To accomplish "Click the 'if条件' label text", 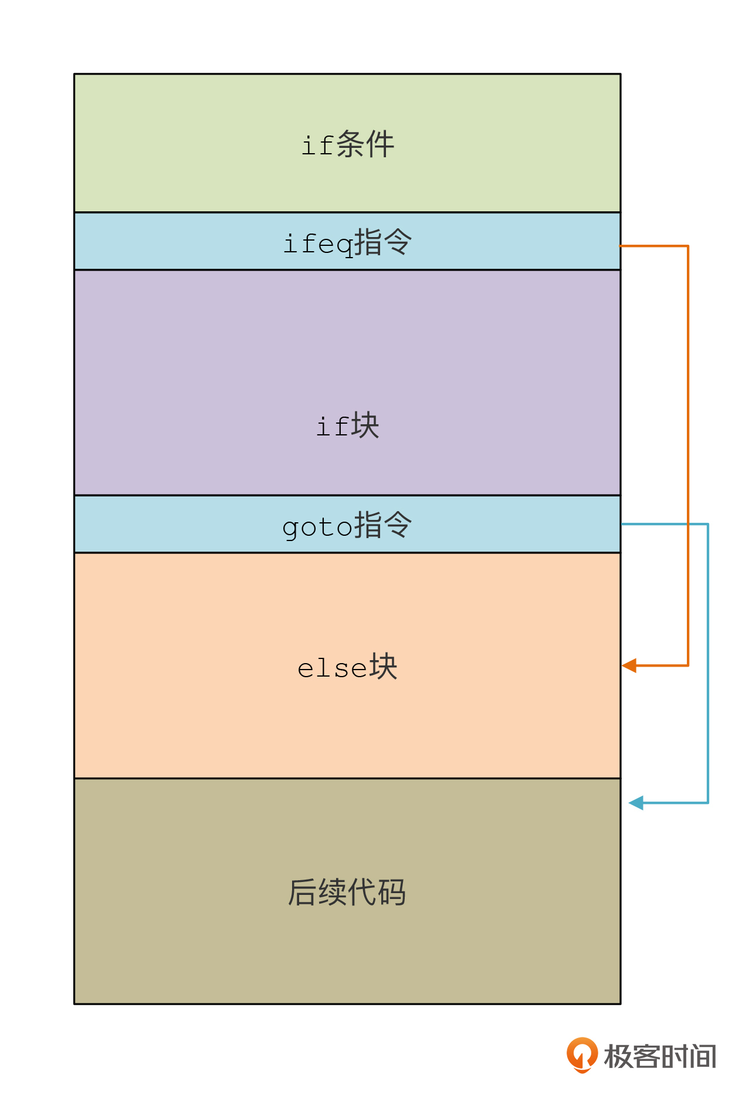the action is click(x=347, y=144).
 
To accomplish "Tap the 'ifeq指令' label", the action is click(x=347, y=242).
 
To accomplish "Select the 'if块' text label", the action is click(x=347, y=425).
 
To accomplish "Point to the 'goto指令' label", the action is click(x=347, y=525).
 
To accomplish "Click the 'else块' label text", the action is click(x=347, y=667).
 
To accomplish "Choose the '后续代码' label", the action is click(x=347, y=892).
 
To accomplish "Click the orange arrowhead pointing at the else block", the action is click(x=629, y=665).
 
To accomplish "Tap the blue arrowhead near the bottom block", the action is click(x=636, y=803).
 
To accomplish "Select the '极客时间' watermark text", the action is click(x=660, y=1056).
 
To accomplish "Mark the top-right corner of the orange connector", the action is click(x=688, y=246).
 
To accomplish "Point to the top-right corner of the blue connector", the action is click(x=708, y=524).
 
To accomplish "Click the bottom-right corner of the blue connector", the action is click(x=708, y=803).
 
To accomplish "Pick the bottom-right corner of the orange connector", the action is click(x=688, y=665).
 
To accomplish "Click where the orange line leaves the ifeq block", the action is click(x=621, y=246).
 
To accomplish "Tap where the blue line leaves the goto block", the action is click(x=621, y=524).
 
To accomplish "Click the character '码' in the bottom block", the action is click(x=392, y=892).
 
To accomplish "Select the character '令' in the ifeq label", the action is click(x=398, y=242).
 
